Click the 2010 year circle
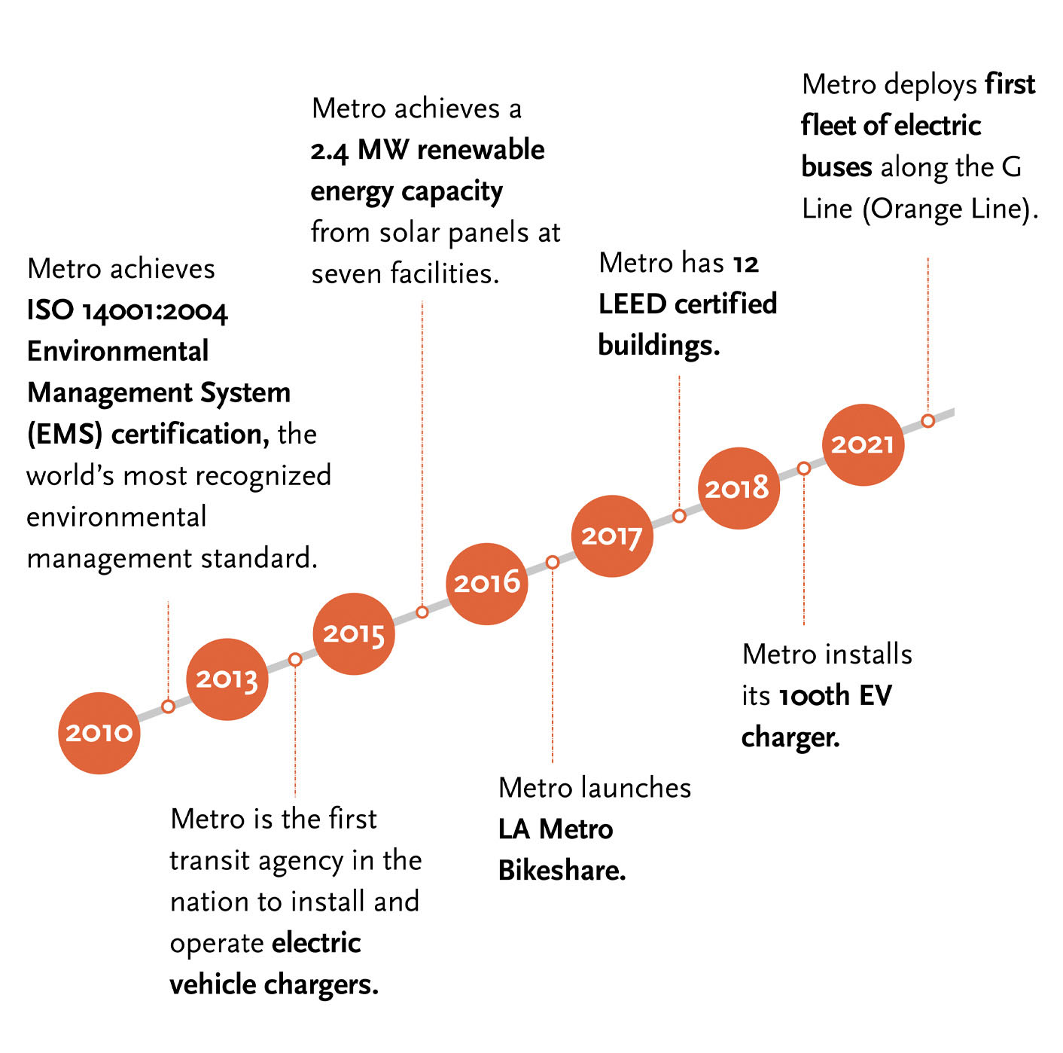coord(99,733)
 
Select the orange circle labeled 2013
coord(227,679)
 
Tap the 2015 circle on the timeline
coord(354,633)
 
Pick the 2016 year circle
coord(487,583)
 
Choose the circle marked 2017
coord(611,536)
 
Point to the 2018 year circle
coord(738,488)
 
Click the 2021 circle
coord(863,444)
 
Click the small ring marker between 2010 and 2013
coord(169,707)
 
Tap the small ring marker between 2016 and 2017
coord(553,562)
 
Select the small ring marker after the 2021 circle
coord(928,420)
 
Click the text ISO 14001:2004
coord(127,310)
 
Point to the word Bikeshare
coord(562,871)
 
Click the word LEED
coord(632,304)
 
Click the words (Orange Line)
coord(949,209)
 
